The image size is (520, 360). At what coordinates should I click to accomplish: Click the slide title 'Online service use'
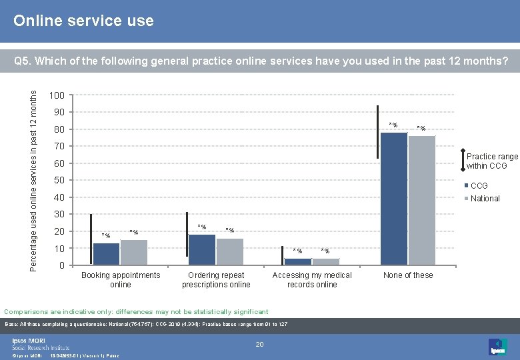point(83,21)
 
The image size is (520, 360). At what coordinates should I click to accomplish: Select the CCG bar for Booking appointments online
point(106,254)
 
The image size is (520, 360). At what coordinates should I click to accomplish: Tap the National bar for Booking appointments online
point(134,253)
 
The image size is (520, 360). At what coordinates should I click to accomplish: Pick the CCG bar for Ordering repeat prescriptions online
point(201,250)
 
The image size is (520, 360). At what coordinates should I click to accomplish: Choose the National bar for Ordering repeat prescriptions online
point(230,251)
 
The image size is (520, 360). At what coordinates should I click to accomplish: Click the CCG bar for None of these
point(393,199)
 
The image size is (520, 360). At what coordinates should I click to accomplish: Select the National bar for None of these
point(422,200)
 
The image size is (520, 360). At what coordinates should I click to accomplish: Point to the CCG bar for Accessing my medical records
point(297,261)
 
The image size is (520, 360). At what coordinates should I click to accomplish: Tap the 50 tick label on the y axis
point(59,181)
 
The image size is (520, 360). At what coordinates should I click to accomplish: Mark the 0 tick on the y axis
point(61,266)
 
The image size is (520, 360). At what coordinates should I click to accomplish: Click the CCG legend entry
point(479,185)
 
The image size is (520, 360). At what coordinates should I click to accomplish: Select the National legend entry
point(485,198)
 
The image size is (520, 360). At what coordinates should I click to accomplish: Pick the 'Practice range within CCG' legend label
point(492,161)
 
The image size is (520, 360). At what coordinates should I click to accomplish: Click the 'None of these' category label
point(408,275)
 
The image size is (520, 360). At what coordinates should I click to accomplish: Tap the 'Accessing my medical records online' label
point(312,280)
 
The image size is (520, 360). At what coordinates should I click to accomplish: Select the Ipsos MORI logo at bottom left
point(40,343)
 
